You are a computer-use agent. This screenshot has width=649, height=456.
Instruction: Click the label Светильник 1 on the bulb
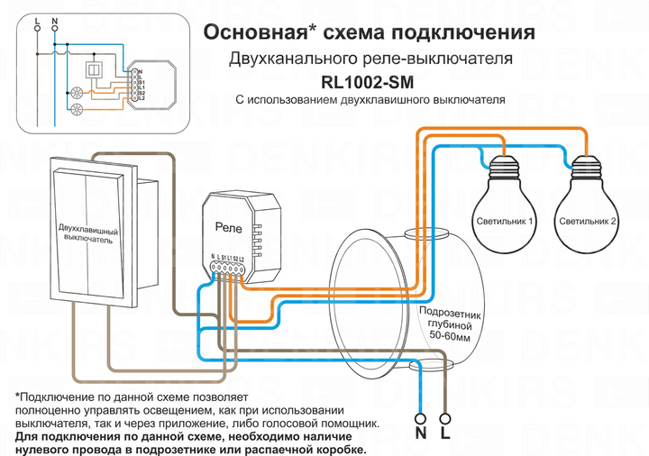point(503,221)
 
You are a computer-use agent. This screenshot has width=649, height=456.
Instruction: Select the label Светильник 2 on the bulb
point(588,221)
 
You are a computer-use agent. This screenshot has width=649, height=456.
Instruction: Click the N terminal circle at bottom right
point(419,417)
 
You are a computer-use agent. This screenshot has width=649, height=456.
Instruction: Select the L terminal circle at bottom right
point(445,417)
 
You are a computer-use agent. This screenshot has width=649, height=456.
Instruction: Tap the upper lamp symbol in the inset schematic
point(77,92)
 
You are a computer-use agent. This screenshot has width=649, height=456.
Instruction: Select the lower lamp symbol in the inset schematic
point(77,111)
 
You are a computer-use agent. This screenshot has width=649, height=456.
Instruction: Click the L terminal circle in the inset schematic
point(36,29)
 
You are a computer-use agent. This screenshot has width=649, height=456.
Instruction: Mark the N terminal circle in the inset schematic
point(55,29)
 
